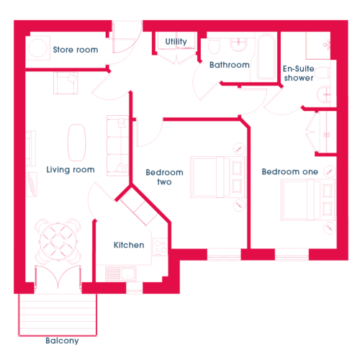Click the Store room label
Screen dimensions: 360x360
tap(76, 50)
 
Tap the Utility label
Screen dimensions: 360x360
tap(176, 42)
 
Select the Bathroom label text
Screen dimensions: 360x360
tap(230, 65)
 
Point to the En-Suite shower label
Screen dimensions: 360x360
tap(299, 73)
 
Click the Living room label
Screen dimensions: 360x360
tap(71, 170)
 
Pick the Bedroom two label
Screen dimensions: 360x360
tap(164, 177)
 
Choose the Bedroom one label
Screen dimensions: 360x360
tap(289, 171)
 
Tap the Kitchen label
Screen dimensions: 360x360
tap(129, 245)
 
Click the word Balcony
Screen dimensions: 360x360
tap(62, 341)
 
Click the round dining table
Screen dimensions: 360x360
tap(58, 241)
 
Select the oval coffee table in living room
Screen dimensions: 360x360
tap(77, 143)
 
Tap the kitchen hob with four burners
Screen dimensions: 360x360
tap(160, 247)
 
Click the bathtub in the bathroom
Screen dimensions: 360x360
tap(266, 57)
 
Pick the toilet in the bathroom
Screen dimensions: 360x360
tap(214, 45)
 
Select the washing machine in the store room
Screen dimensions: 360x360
tap(37, 48)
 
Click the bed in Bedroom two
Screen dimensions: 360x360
tap(217, 177)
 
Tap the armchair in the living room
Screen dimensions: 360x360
tap(66, 83)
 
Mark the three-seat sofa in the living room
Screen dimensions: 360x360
tap(117, 145)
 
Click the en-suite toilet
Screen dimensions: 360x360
tap(323, 73)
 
